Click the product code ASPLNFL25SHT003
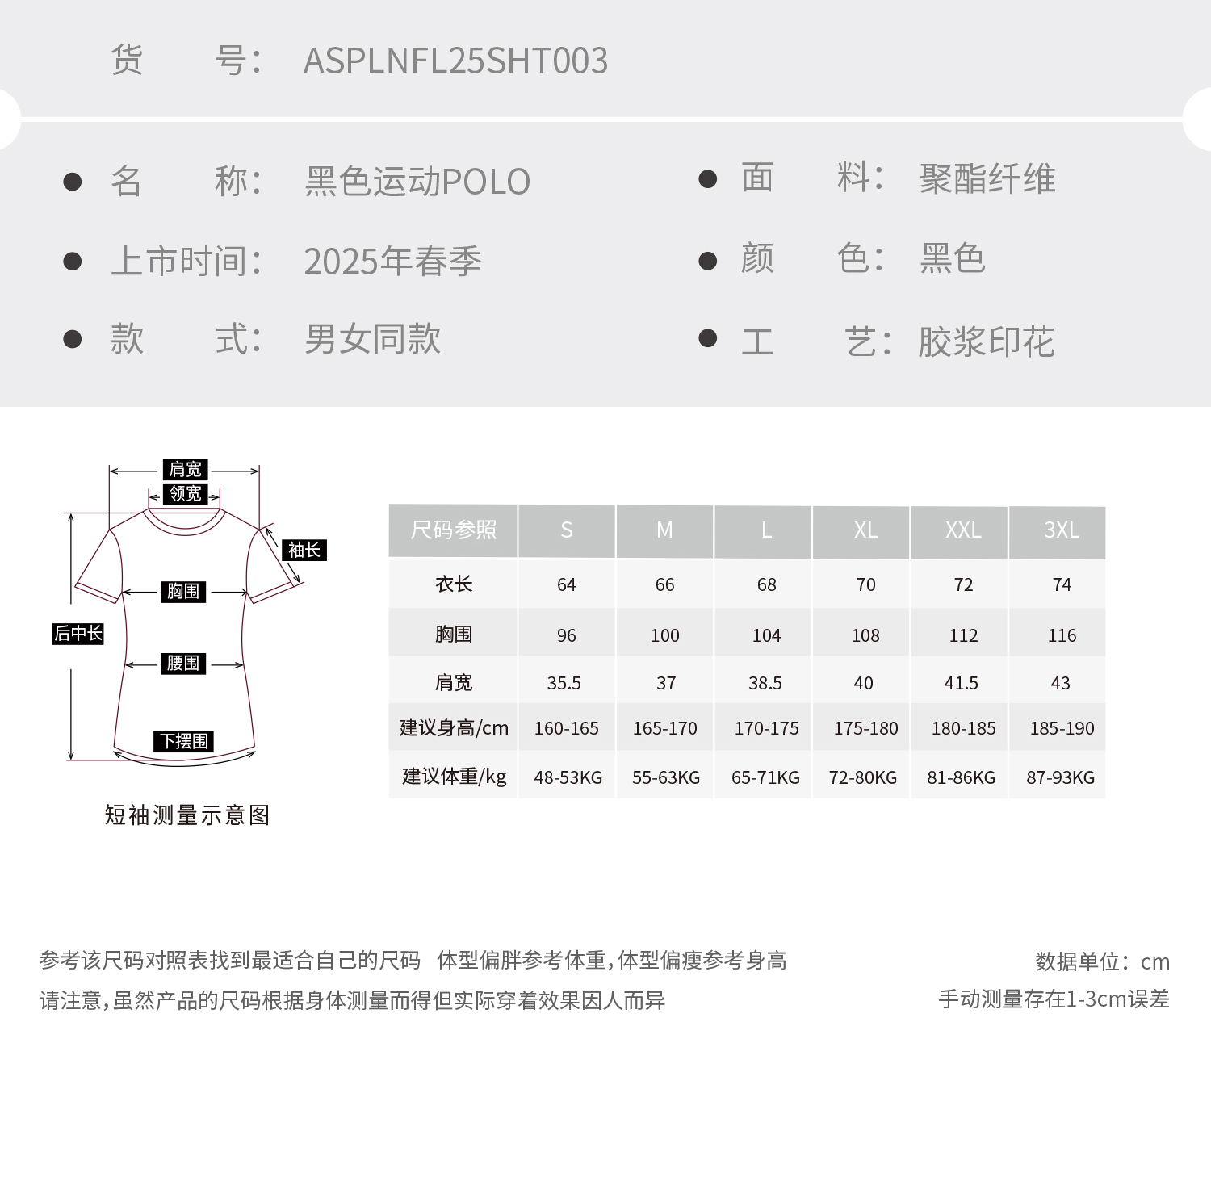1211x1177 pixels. click(x=455, y=61)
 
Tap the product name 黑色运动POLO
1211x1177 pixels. click(x=417, y=182)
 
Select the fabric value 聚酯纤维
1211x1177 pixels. click(x=987, y=178)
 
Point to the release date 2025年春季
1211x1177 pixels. click(x=392, y=262)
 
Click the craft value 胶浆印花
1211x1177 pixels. click(x=986, y=342)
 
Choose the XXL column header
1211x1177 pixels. click(x=963, y=530)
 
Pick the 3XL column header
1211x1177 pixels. click(x=1061, y=530)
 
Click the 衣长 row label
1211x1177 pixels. click(x=454, y=584)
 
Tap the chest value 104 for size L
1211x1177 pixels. click(x=766, y=635)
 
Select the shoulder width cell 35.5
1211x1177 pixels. click(x=564, y=683)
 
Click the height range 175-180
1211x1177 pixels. click(x=865, y=728)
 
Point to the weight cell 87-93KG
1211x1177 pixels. click(x=1060, y=777)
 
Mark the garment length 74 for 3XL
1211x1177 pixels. click(x=1062, y=584)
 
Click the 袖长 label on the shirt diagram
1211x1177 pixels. click(x=304, y=551)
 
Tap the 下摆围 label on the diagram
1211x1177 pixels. click(x=184, y=741)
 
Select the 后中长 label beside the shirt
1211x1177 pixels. click(x=78, y=634)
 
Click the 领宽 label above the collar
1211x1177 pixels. click(x=185, y=493)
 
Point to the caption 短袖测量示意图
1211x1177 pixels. click(x=187, y=815)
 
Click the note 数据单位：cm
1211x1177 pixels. click(x=1102, y=961)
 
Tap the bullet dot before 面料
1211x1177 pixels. click(x=707, y=179)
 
